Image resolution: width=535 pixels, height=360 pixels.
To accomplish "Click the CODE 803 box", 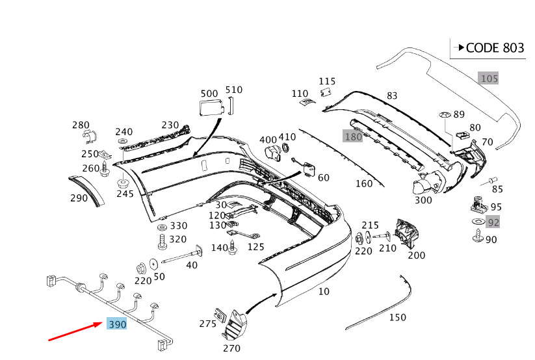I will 487,48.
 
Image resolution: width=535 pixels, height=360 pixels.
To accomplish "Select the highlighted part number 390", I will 117,324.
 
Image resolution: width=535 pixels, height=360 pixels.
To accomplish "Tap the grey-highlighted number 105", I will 489,79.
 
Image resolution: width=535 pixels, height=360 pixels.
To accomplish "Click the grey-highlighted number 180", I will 353,136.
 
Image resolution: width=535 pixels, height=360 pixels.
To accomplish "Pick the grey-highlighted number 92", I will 493,223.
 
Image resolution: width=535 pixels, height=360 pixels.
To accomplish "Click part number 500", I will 209,94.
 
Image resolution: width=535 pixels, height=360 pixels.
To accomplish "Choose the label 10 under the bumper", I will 324,292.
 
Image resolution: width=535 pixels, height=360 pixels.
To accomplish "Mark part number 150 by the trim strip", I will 397,317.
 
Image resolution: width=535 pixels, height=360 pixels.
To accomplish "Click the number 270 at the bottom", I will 231,348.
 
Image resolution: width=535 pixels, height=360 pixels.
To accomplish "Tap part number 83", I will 391,96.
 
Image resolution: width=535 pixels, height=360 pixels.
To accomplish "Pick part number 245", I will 124,193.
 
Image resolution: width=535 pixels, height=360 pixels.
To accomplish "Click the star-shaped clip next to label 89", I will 445,115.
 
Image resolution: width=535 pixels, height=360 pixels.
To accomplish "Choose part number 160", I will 364,184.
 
